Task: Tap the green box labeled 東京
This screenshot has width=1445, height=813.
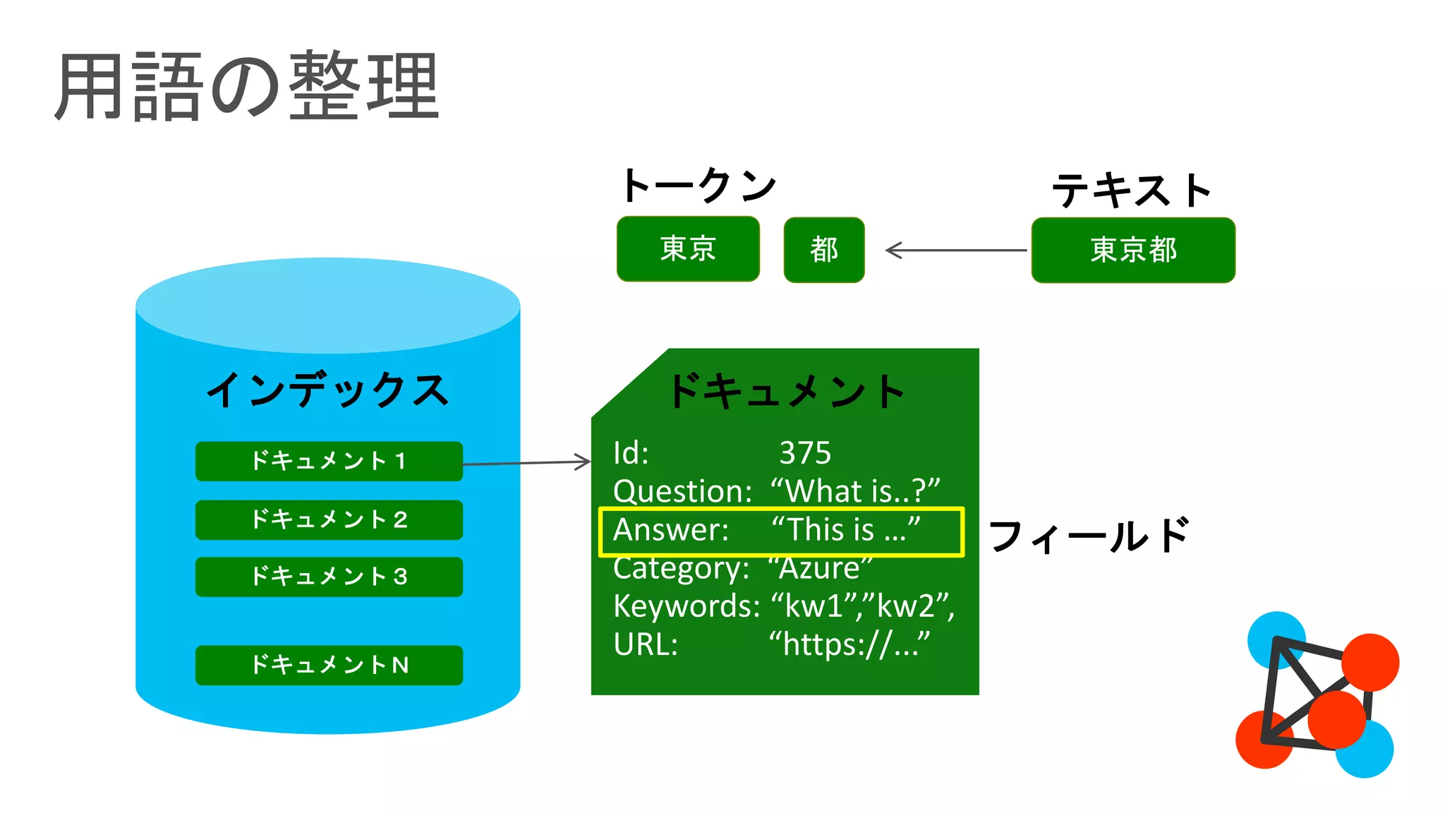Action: point(688,249)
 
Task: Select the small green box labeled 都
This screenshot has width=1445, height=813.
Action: point(823,250)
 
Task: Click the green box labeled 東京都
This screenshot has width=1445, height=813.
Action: point(1133,250)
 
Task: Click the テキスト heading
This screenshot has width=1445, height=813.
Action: point(1132,191)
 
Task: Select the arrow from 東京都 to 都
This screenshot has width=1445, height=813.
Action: point(956,250)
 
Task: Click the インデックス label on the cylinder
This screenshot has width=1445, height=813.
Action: point(327,390)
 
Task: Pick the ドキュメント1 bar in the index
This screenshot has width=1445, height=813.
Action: point(329,462)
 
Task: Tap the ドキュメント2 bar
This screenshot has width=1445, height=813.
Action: point(329,520)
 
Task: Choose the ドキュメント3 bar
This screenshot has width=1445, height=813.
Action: point(329,577)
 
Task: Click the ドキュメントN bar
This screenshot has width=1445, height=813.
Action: point(329,665)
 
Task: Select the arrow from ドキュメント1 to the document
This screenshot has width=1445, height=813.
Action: point(526,463)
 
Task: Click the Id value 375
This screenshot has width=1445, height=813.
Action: point(805,453)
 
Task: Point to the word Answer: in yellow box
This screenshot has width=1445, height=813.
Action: point(670,530)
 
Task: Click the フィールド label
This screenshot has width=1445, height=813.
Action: point(1089,536)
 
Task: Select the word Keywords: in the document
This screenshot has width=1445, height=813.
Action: point(686,606)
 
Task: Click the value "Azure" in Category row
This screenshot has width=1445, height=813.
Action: point(820,568)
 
